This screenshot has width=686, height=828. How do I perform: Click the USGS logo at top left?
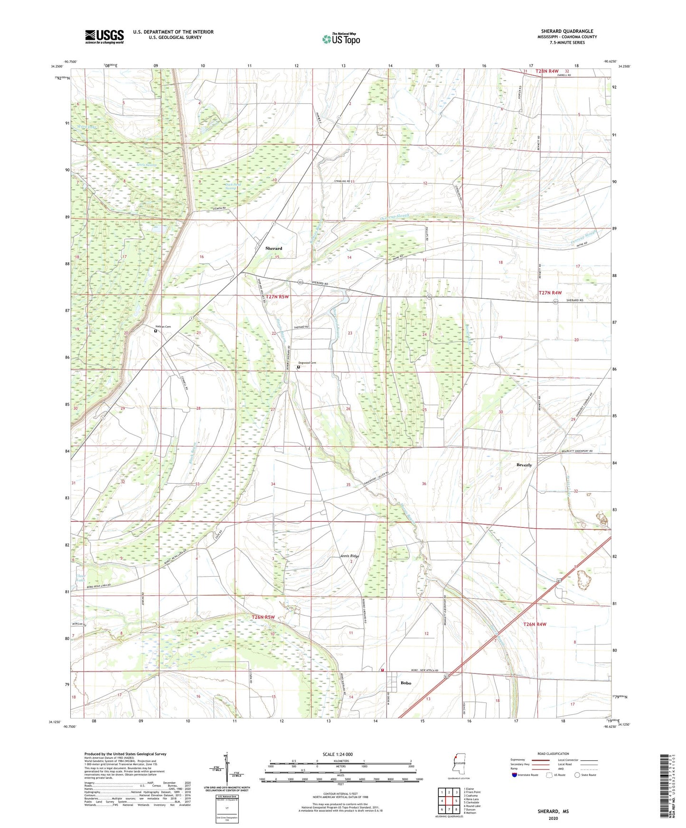coord(104,37)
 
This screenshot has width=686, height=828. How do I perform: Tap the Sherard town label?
coord(273,248)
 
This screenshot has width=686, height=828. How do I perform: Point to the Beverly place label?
coord(524,465)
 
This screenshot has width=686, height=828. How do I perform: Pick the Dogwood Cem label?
coord(307,363)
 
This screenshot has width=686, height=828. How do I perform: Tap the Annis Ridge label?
coord(350,556)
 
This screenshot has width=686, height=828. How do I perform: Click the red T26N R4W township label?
coord(535,625)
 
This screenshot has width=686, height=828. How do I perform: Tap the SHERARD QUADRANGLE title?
coord(567,31)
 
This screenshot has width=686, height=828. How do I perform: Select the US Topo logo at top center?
coord(341,39)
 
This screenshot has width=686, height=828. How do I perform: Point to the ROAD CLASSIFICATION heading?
coord(553,754)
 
